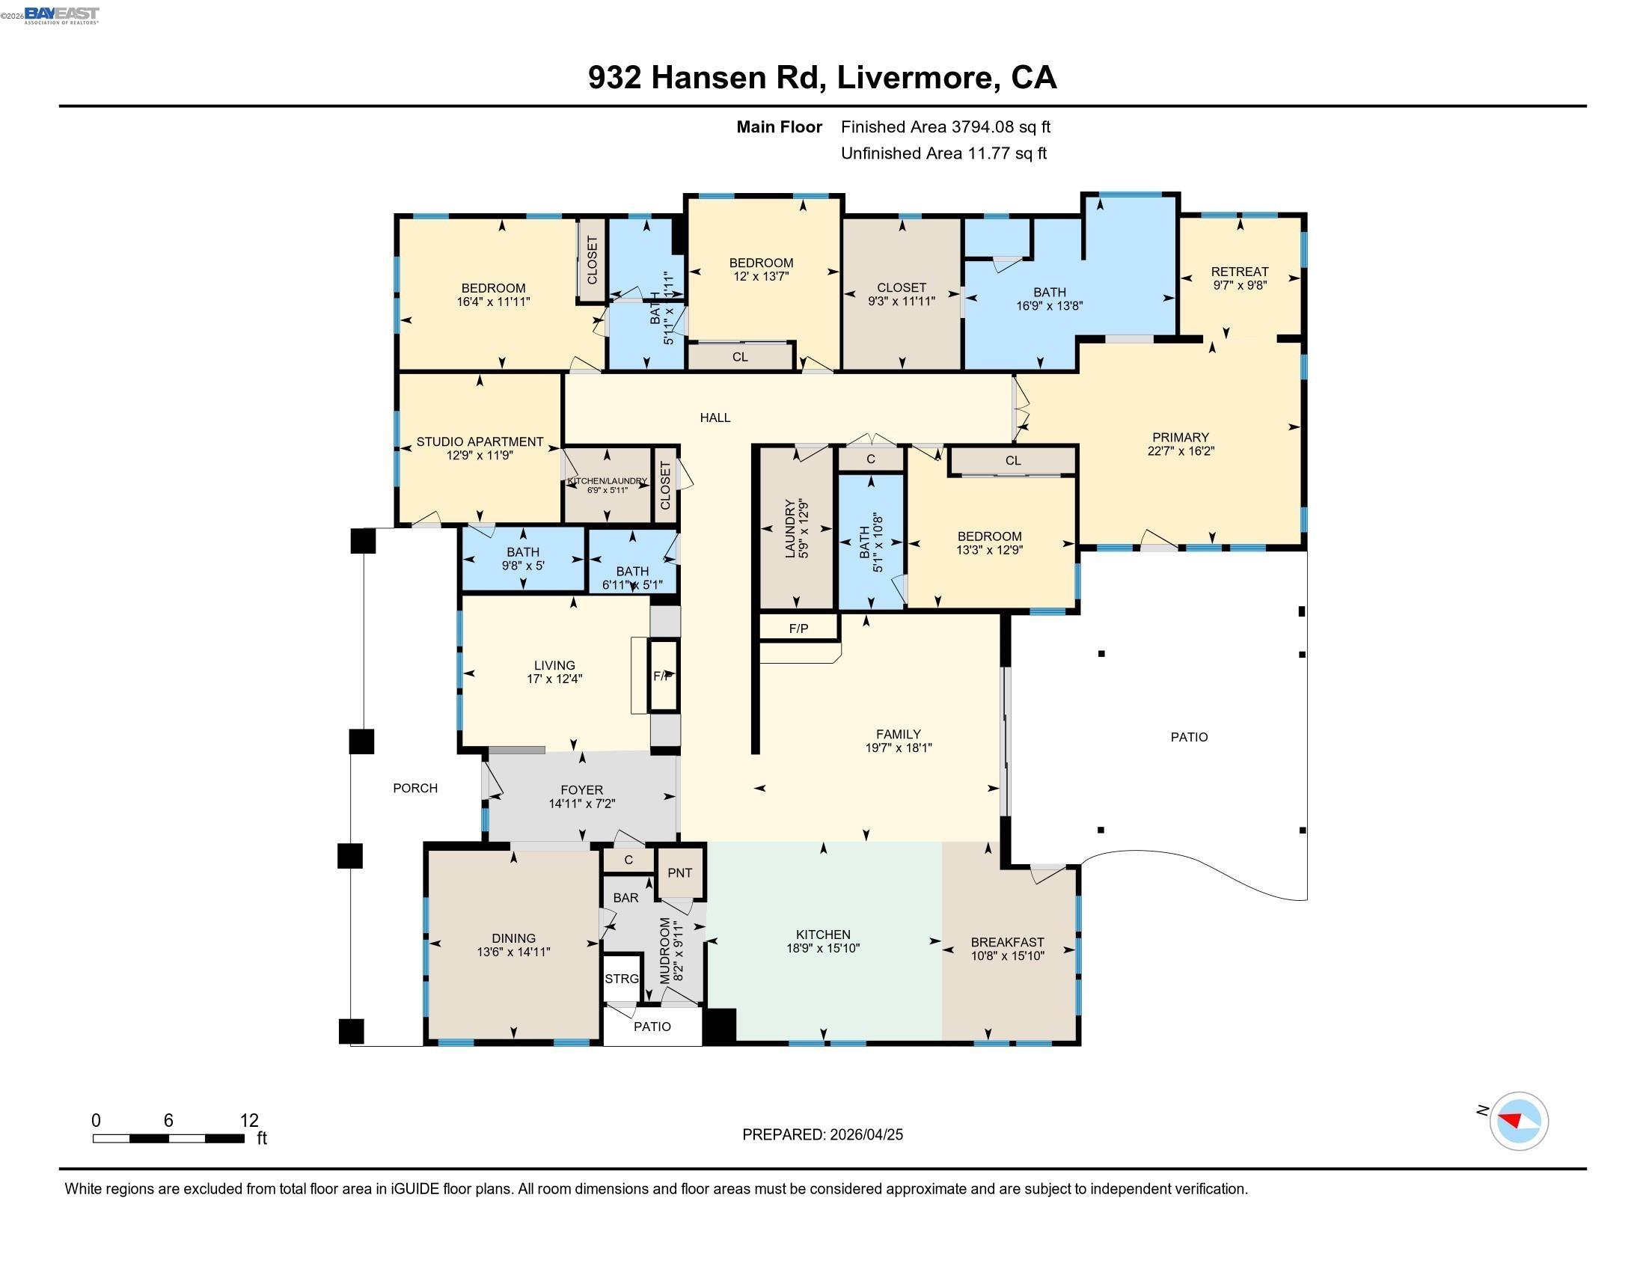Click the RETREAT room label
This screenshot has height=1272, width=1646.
click(1239, 272)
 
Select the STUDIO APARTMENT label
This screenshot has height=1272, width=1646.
click(480, 442)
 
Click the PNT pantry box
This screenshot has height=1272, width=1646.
click(680, 872)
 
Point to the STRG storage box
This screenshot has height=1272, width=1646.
click(622, 979)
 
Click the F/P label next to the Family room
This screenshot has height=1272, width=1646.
click(798, 628)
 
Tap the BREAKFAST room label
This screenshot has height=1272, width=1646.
click(1007, 942)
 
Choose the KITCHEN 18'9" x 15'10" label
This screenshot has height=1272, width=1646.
click(823, 941)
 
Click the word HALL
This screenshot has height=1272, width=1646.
click(715, 418)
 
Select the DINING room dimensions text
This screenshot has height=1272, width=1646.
click(513, 953)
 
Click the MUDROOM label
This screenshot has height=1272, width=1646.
click(664, 950)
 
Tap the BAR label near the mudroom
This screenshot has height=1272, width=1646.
click(625, 897)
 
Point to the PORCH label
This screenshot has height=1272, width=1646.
click(415, 788)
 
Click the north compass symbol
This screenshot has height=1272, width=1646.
click(1518, 1121)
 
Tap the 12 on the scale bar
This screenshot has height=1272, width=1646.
click(248, 1121)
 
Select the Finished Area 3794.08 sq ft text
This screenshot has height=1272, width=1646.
click(945, 126)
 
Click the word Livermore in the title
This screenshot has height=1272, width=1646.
click(914, 78)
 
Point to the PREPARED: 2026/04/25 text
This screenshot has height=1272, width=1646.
click(822, 1134)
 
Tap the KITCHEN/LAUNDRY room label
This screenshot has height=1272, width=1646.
click(607, 481)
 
